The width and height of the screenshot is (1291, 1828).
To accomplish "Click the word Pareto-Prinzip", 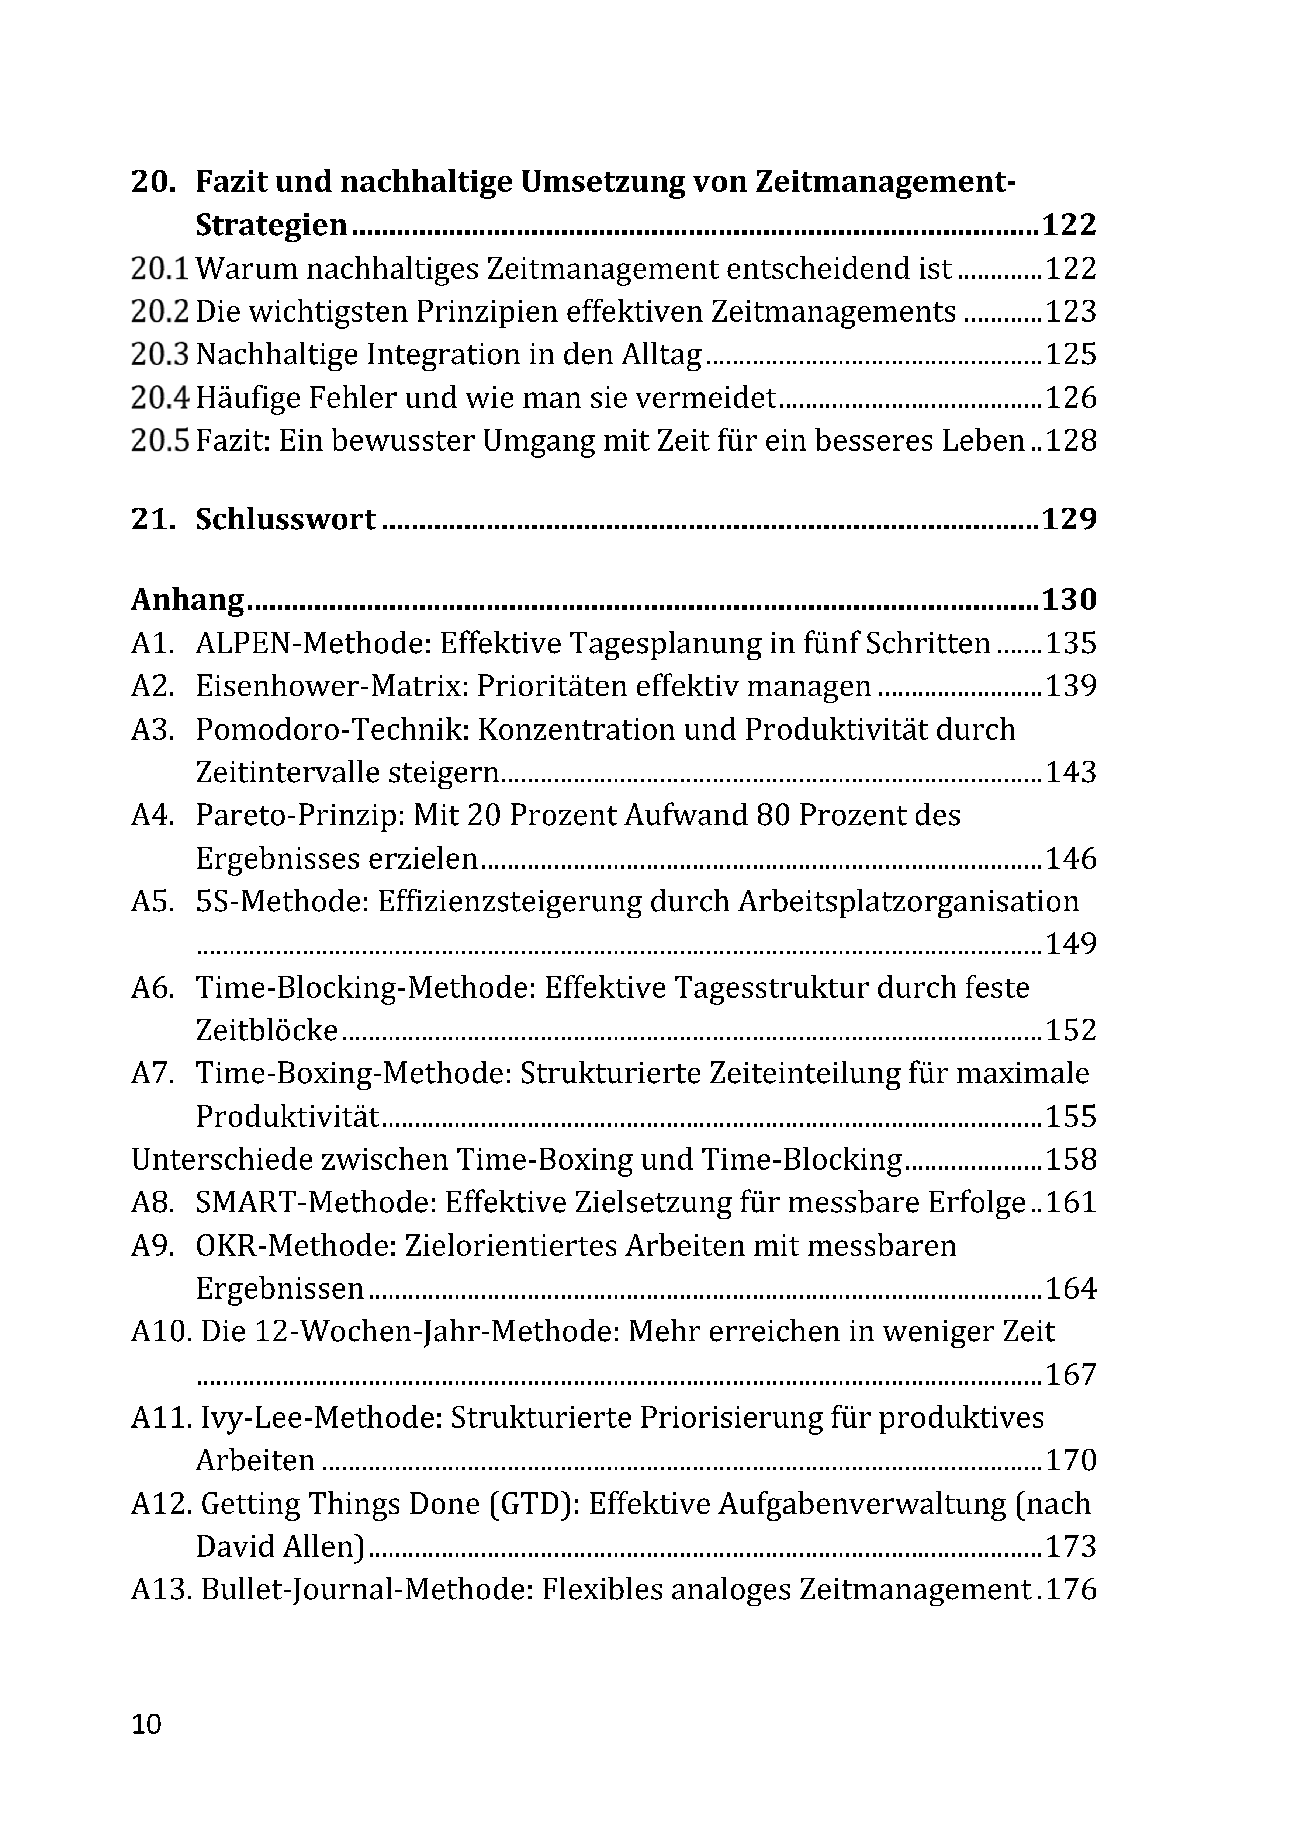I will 301,815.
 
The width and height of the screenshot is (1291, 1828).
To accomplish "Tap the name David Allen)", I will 280,1547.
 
